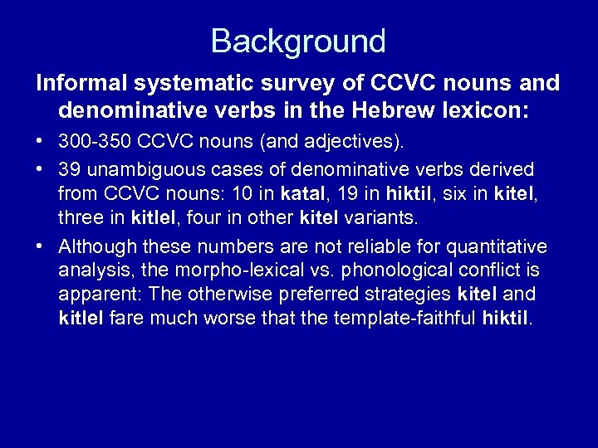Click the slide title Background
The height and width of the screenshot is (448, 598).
point(298,41)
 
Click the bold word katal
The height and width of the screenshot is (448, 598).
point(305,194)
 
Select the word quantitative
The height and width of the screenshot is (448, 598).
point(497,246)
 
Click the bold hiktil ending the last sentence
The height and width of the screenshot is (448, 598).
point(505,318)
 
